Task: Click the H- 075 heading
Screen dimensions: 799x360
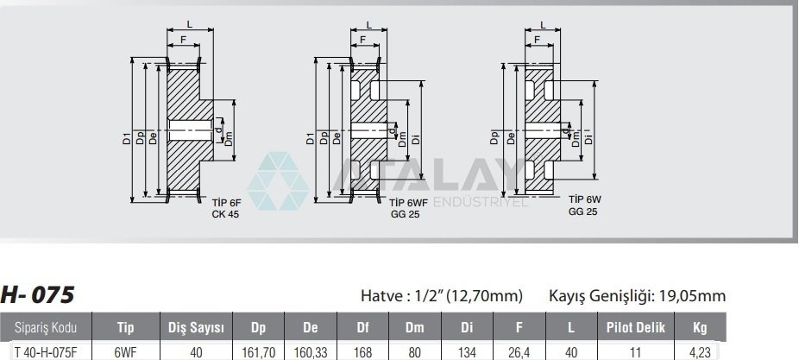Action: click(38, 294)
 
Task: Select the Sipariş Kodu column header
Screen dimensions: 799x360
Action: click(46, 327)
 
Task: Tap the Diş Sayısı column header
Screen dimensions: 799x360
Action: click(196, 327)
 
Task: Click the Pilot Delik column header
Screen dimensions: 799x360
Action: click(635, 327)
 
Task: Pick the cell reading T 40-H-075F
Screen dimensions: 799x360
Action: click(46, 352)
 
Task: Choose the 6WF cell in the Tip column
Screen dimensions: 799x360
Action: click(126, 352)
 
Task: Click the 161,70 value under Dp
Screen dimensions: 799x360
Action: click(258, 352)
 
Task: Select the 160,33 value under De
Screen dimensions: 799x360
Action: click(311, 352)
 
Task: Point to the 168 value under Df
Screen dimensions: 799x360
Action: click(362, 352)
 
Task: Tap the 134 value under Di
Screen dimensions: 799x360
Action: click(467, 352)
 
